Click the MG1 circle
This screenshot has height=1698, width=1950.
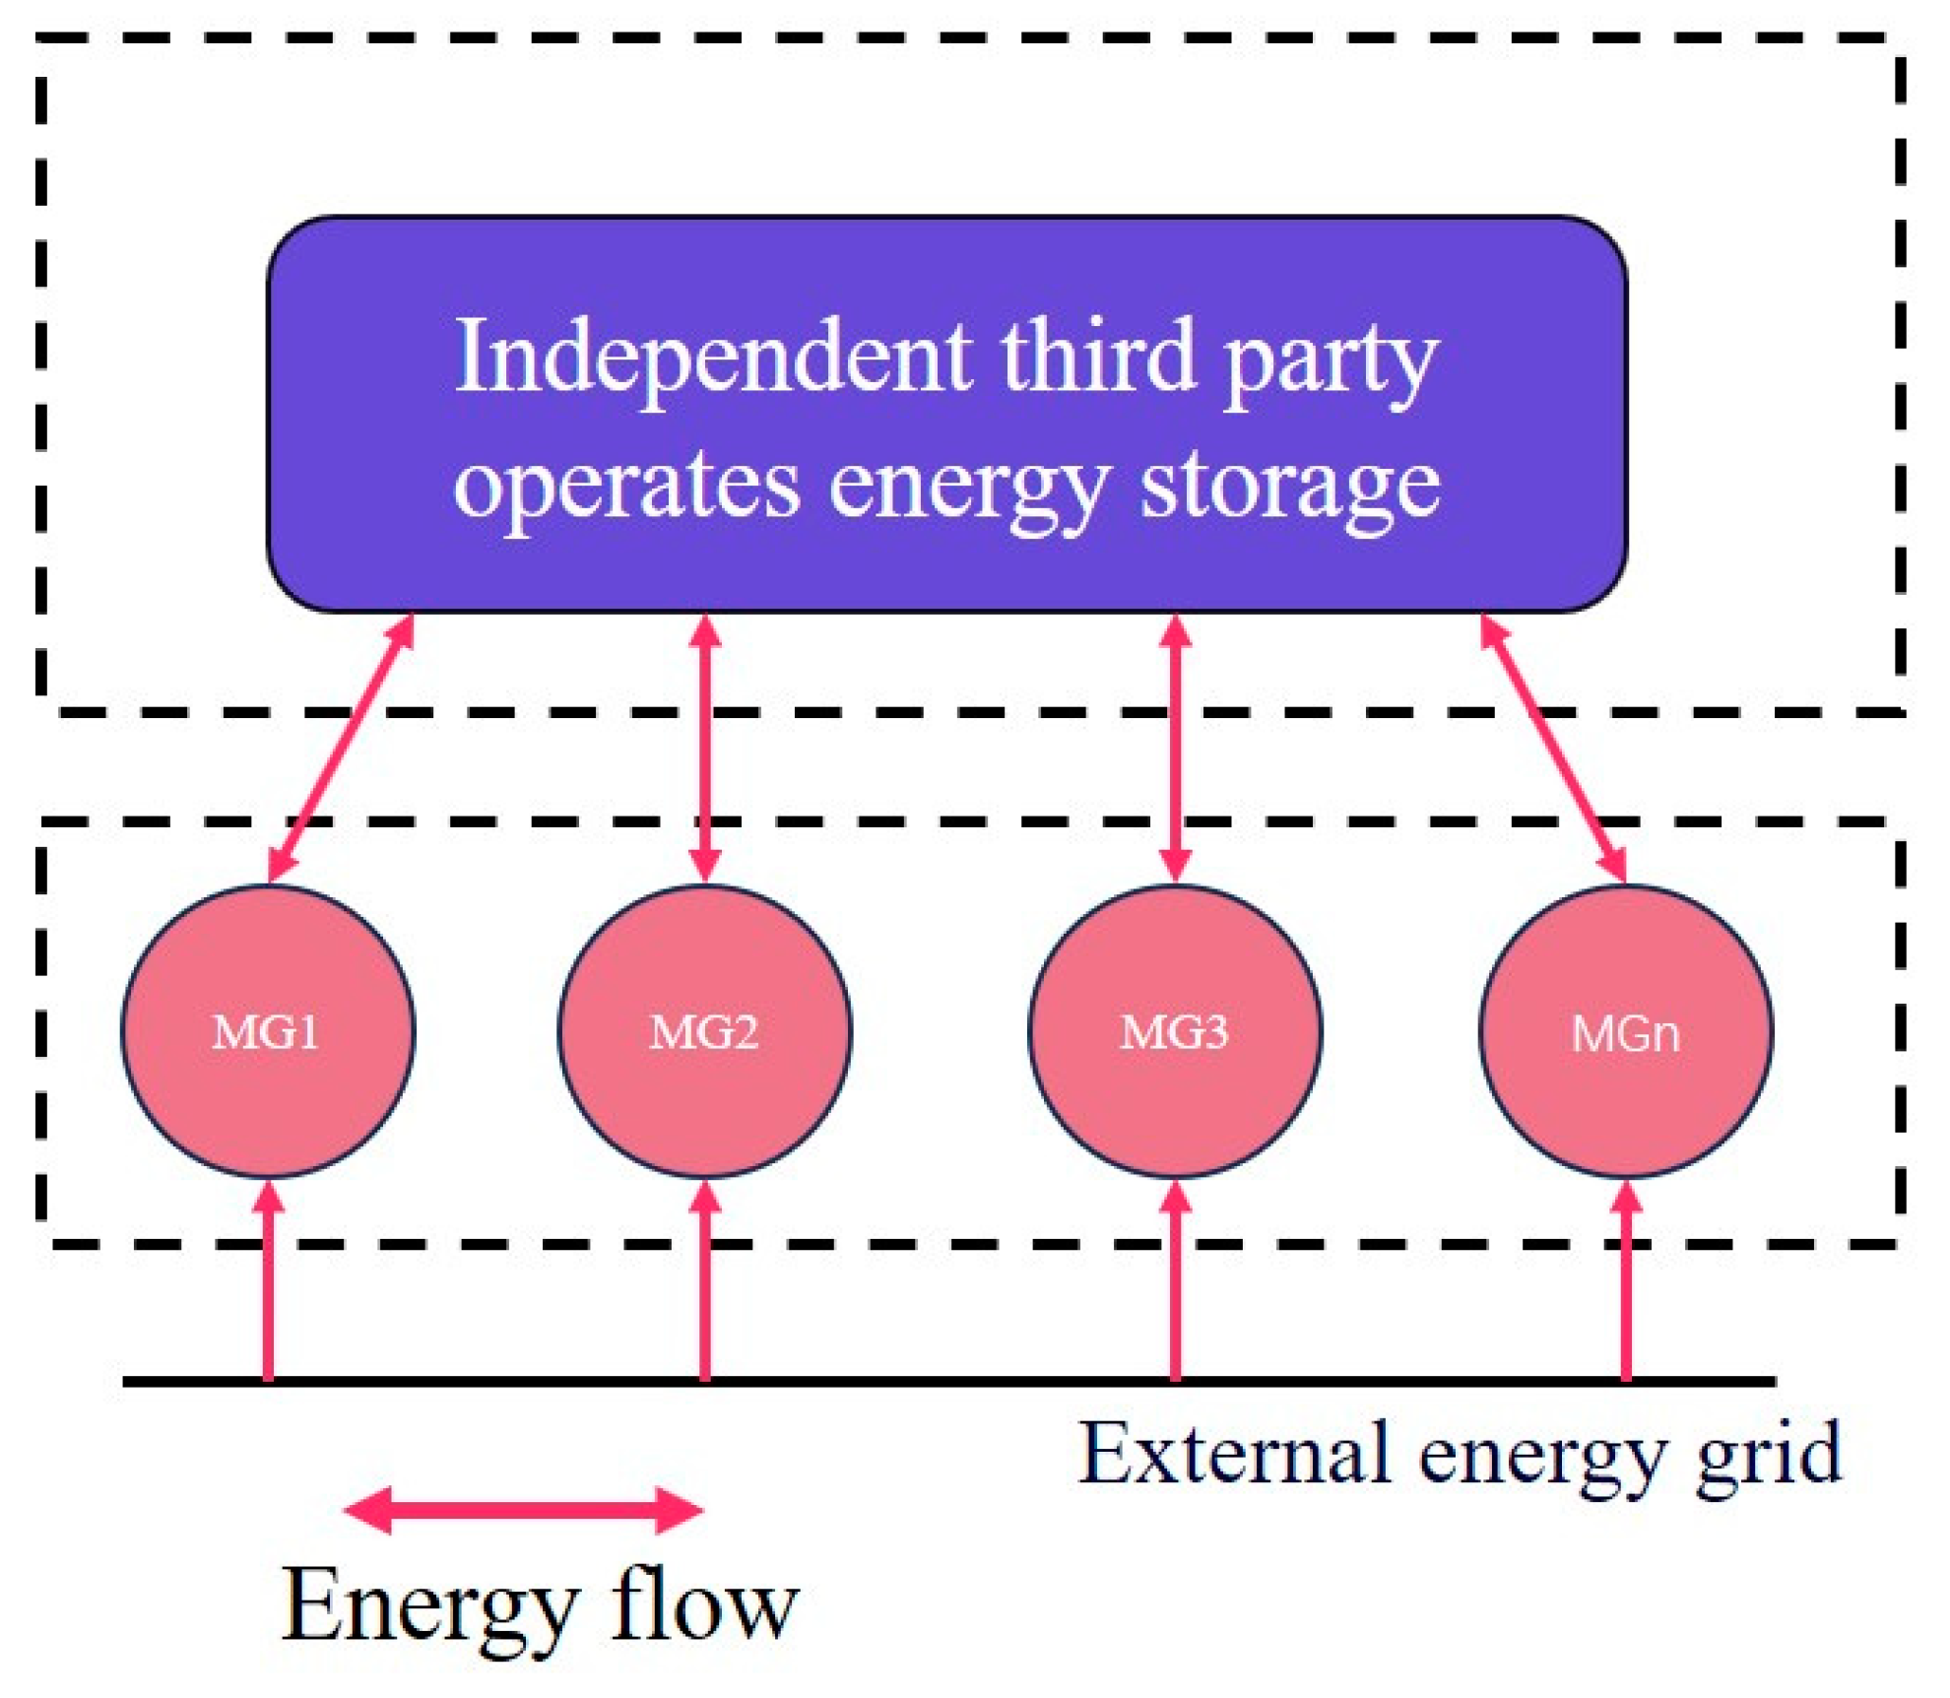click(x=268, y=1032)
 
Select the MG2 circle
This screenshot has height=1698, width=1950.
click(x=705, y=1032)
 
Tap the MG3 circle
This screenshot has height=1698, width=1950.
click(x=1175, y=1032)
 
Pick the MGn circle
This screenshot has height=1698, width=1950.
click(x=1625, y=1032)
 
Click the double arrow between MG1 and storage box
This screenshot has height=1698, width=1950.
click(x=341, y=749)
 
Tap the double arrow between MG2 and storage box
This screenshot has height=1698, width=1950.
click(x=705, y=749)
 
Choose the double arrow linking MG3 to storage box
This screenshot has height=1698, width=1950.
click(x=1175, y=749)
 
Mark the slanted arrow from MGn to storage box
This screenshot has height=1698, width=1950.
click(x=1553, y=749)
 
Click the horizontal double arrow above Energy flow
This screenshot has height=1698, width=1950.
click(x=523, y=1510)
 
